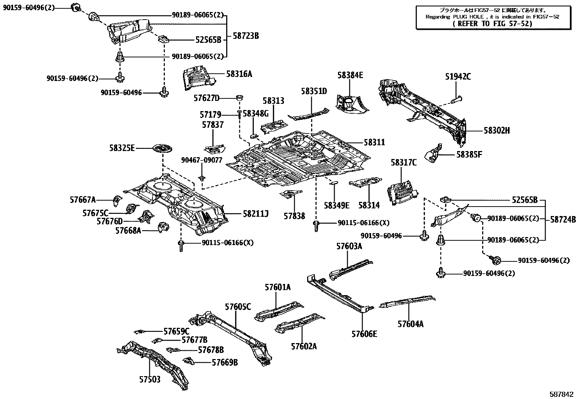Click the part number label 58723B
(246, 36)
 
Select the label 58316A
(239, 74)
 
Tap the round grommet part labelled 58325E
(163, 149)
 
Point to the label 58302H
(497, 131)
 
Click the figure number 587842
(561, 394)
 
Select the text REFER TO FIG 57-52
(492, 24)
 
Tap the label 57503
(150, 379)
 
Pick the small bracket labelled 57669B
(188, 361)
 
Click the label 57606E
(364, 334)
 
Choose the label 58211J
(256, 214)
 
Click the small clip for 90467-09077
(202, 178)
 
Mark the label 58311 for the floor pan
(374, 142)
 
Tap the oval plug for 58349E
(334, 183)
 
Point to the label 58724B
(563, 219)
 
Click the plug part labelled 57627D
(240, 98)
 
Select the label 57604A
(410, 324)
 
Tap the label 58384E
(350, 75)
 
